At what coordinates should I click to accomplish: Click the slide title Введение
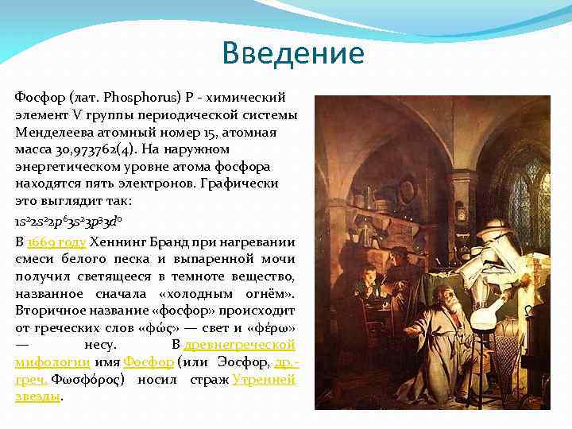click(x=293, y=53)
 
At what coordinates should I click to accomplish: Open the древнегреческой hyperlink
click(x=239, y=345)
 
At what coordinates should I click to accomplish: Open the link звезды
click(x=37, y=396)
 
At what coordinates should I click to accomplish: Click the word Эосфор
click(x=242, y=362)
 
